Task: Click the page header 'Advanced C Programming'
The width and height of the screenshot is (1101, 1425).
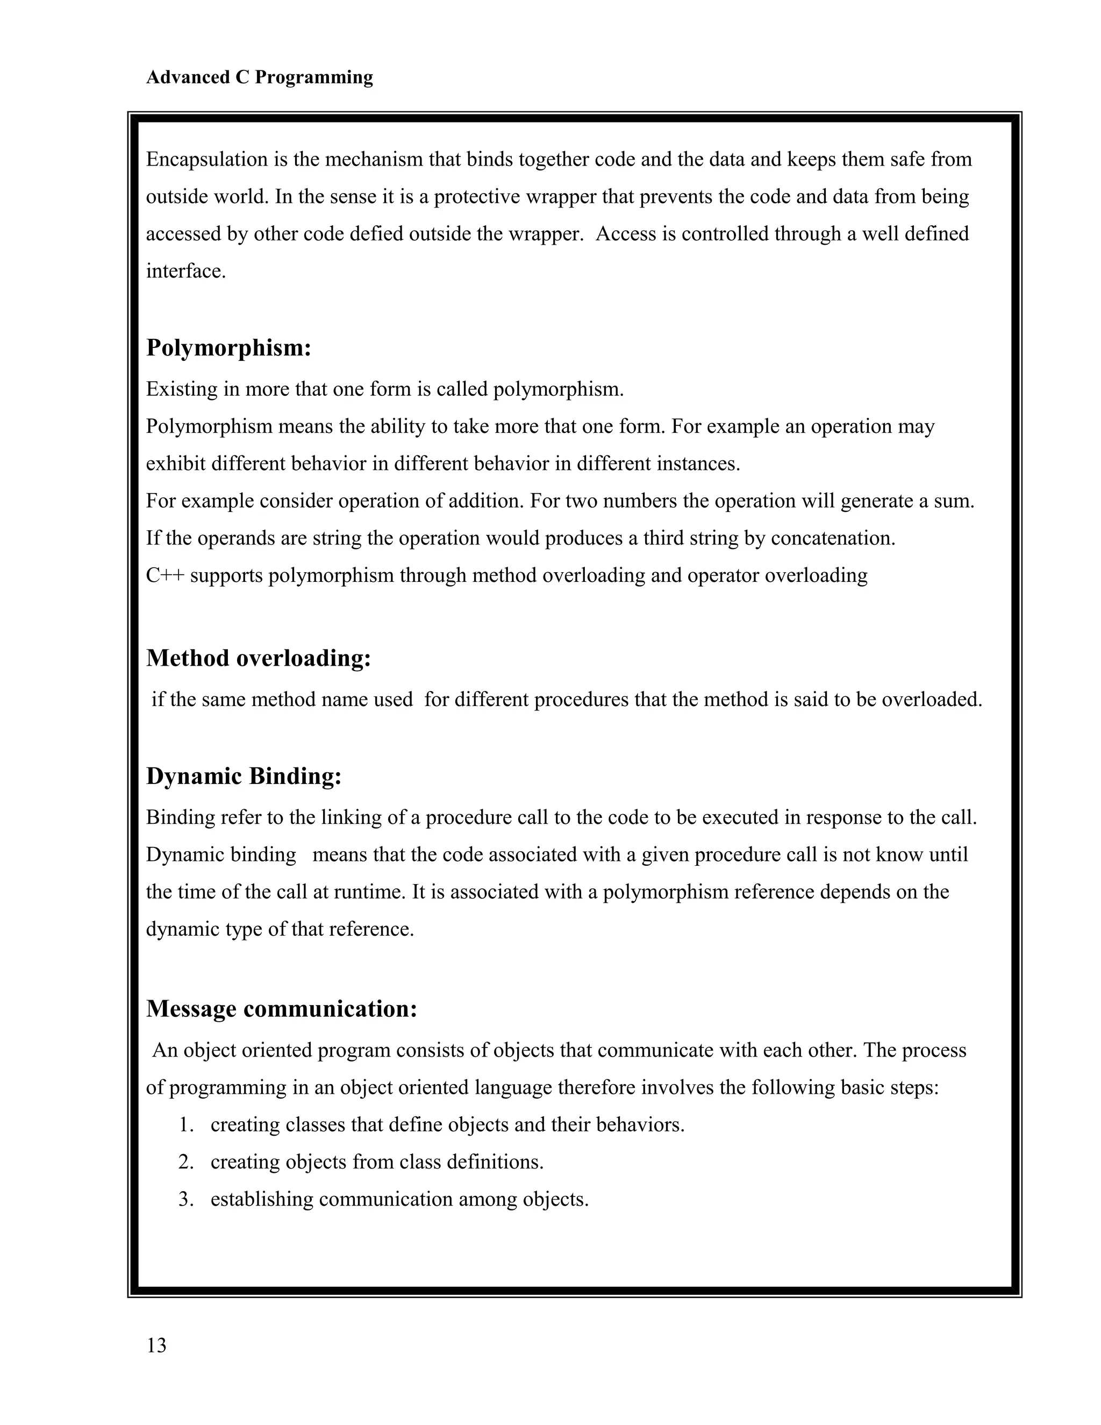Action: [259, 77]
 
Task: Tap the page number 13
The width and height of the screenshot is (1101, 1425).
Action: [156, 1345]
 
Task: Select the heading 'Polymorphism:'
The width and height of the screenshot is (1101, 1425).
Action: [228, 348]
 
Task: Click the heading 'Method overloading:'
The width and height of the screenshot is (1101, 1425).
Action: [258, 658]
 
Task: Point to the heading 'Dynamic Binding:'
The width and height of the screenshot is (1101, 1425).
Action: [244, 776]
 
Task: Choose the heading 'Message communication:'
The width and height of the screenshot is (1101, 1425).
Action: [281, 1009]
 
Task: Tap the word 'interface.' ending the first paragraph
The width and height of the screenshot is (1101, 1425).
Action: [186, 271]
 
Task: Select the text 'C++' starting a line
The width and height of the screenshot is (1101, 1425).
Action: [165, 575]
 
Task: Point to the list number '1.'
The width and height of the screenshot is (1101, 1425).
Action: [187, 1125]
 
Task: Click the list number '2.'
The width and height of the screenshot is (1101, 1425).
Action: [187, 1162]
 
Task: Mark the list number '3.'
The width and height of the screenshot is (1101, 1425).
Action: [187, 1199]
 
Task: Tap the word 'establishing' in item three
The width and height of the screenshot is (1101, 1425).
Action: [262, 1199]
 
